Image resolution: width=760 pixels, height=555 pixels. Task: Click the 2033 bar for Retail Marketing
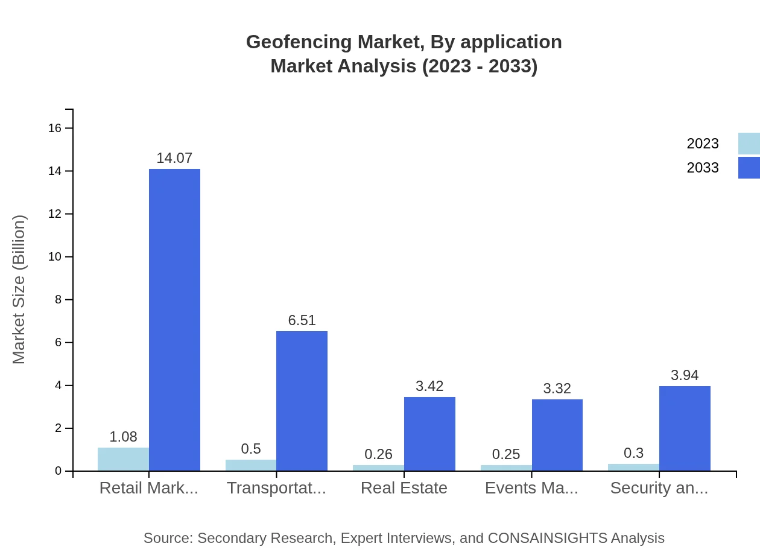click(x=174, y=320)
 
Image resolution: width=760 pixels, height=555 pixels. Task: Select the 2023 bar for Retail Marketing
click(x=123, y=459)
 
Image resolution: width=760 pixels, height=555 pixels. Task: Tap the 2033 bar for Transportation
click(x=302, y=401)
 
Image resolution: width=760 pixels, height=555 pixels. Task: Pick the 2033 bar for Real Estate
click(x=429, y=434)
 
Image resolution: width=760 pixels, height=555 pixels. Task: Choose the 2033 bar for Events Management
click(x=557, y=435)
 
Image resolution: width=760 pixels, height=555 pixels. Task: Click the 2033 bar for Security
click(x=685, y=428)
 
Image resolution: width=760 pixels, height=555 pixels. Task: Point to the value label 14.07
click(x=174, y=158)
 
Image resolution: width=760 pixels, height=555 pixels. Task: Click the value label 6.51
click(x=302, y=320)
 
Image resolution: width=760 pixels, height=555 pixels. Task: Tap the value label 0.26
click(x=378, y=454)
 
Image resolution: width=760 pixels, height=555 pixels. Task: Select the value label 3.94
click(x=685, y=375)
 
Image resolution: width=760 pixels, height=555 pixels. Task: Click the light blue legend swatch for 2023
click(x=749, y=144)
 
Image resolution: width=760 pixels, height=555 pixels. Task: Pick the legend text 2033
click(x=703, y=168)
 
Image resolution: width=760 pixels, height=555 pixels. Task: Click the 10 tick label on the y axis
click(x=55, y=257)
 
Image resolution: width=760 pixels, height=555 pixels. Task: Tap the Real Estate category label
click(x=404, y=488)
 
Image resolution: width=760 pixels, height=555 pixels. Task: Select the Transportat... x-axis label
click(x=276, y=488)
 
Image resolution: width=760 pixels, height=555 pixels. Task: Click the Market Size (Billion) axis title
click(x=19, y=290)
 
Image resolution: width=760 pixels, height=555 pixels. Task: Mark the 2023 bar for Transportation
click(x=251, y=465)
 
